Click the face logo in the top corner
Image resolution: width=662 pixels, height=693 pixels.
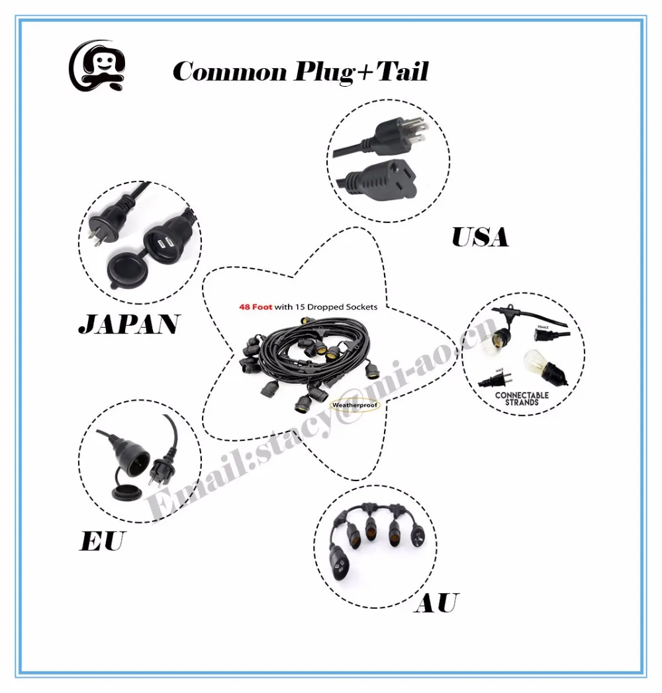pyautogui.click(x=96, y=66)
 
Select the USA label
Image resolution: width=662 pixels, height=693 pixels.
pyautogui.click(x=480, y=237)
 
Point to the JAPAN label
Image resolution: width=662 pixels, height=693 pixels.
pyautogui.click(x=128, y=324)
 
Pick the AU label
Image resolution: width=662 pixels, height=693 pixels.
pyautogui.click(x=436, y=603)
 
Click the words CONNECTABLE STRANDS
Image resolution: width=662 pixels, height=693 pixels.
pyautogui.click(x=522, y=398)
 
